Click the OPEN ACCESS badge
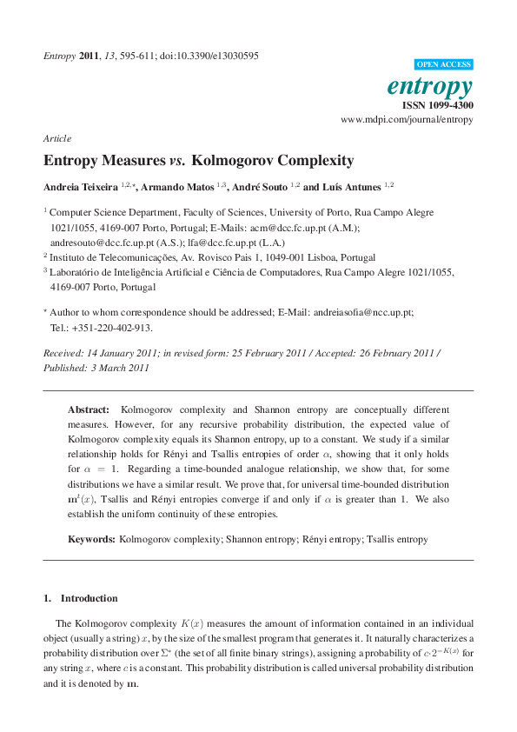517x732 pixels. pos(444,64)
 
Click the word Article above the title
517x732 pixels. pos(56,138)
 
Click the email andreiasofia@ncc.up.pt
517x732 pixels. pos(363,311)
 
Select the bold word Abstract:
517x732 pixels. pos(89,409)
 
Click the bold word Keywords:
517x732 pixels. pos(91,539)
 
